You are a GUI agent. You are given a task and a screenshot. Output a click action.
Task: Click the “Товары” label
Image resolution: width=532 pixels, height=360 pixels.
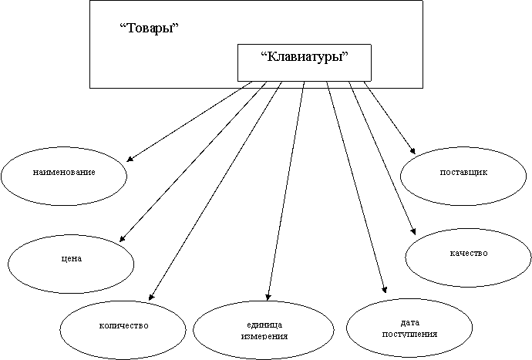click(x=150, y=28)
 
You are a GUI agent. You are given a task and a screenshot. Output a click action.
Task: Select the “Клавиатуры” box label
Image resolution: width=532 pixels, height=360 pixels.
click(x=305, y=56)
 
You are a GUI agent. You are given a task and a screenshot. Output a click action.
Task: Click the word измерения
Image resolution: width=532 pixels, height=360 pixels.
click(x=264, y=336)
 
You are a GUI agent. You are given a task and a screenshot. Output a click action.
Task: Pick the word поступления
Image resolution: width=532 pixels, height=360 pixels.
click(x=409, y=334)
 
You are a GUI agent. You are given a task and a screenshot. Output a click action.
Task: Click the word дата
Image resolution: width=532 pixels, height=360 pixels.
click(x=410, y=323)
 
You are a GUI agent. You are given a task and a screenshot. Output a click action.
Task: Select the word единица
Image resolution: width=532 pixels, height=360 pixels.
click(x=264, y=325)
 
